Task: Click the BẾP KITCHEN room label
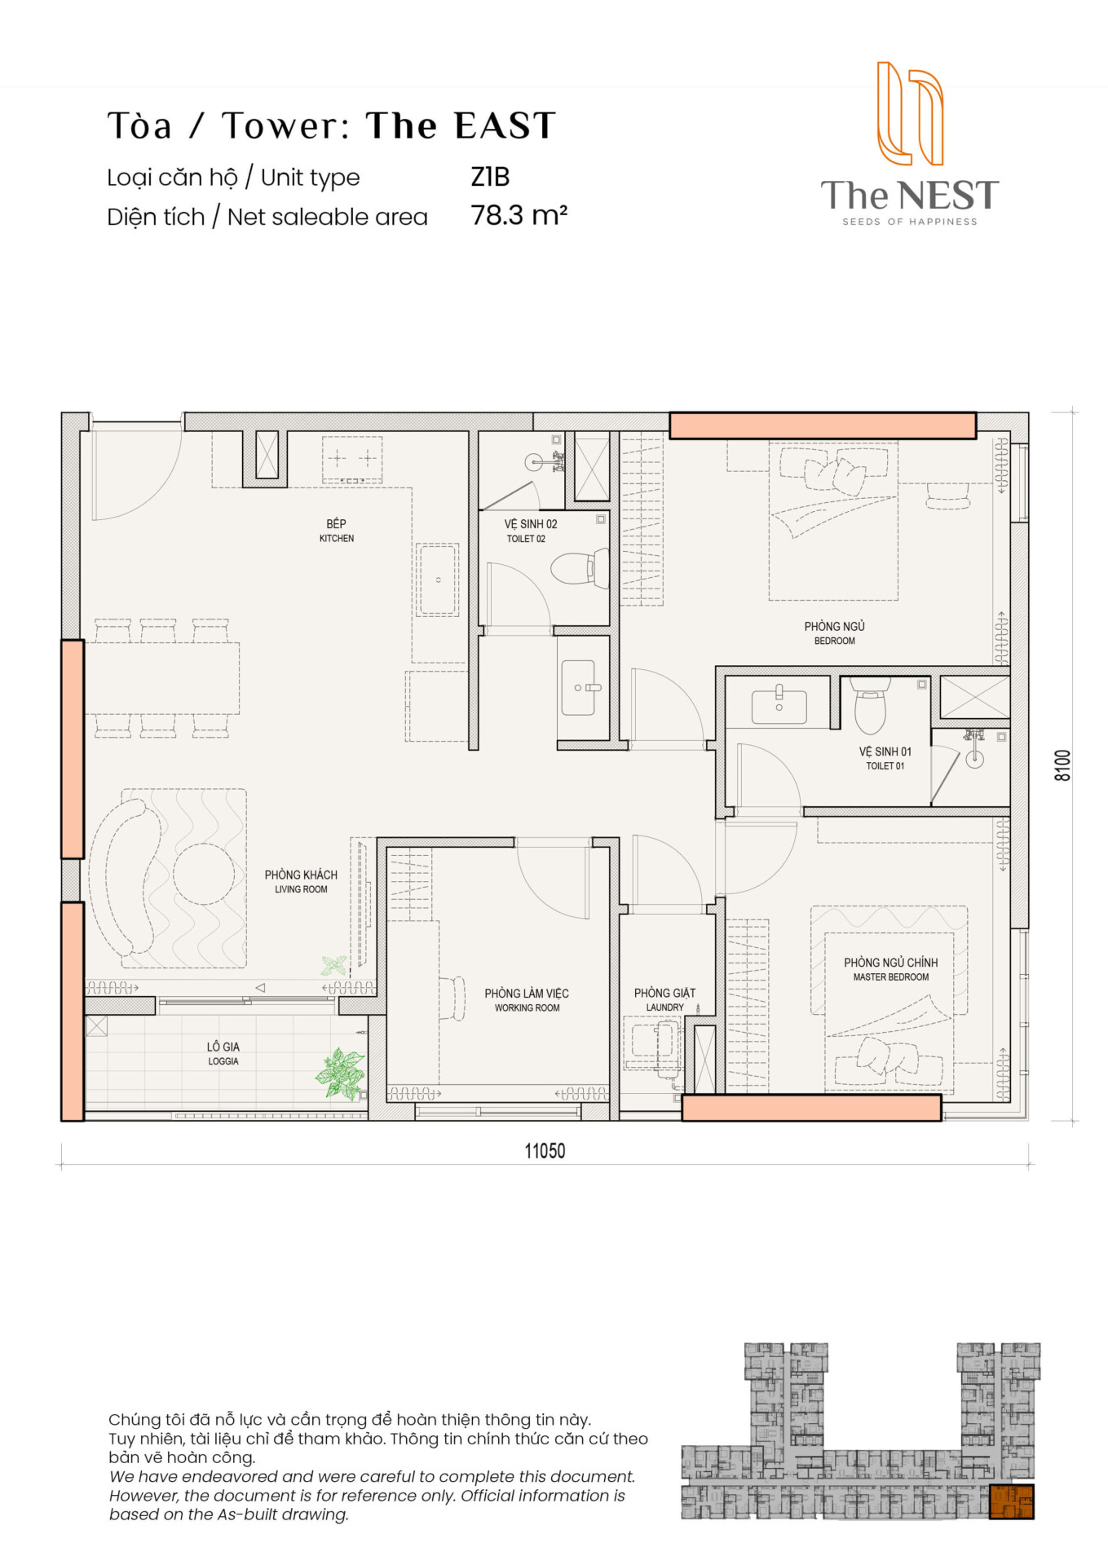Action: (336, 531)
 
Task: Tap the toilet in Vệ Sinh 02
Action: (580, 567)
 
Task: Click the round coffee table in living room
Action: (204, 874)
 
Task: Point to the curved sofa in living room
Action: (122, 877)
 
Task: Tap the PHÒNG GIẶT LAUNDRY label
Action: (664, 999)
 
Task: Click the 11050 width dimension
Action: (545, 1151)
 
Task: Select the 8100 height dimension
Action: (1062, 765)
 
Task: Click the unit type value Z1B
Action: (490, 177)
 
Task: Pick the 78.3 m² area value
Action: (519, 215)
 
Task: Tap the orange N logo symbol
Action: (910, 113)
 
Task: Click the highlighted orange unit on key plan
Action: (1011, 1501)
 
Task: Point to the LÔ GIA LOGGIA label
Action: (223, 1053)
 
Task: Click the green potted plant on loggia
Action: (341, 1073)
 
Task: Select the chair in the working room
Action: (452, 998)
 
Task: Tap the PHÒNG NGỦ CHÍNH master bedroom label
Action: (890, 969)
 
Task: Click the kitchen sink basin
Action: (438, 580)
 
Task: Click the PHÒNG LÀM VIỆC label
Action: (527, 999)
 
